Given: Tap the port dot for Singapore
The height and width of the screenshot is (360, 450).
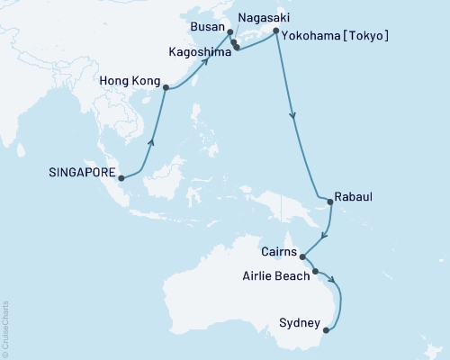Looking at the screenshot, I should pos(121,178).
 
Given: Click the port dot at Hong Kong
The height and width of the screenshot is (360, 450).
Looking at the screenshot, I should pos(165,87).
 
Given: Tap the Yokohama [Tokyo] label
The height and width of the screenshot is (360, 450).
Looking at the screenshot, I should pos(336,36).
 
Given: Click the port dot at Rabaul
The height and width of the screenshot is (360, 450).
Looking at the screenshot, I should pos(329,202).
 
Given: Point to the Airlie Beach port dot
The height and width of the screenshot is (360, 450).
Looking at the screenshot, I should pos(315,271).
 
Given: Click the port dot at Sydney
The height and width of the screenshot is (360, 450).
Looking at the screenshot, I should pos(325,329).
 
